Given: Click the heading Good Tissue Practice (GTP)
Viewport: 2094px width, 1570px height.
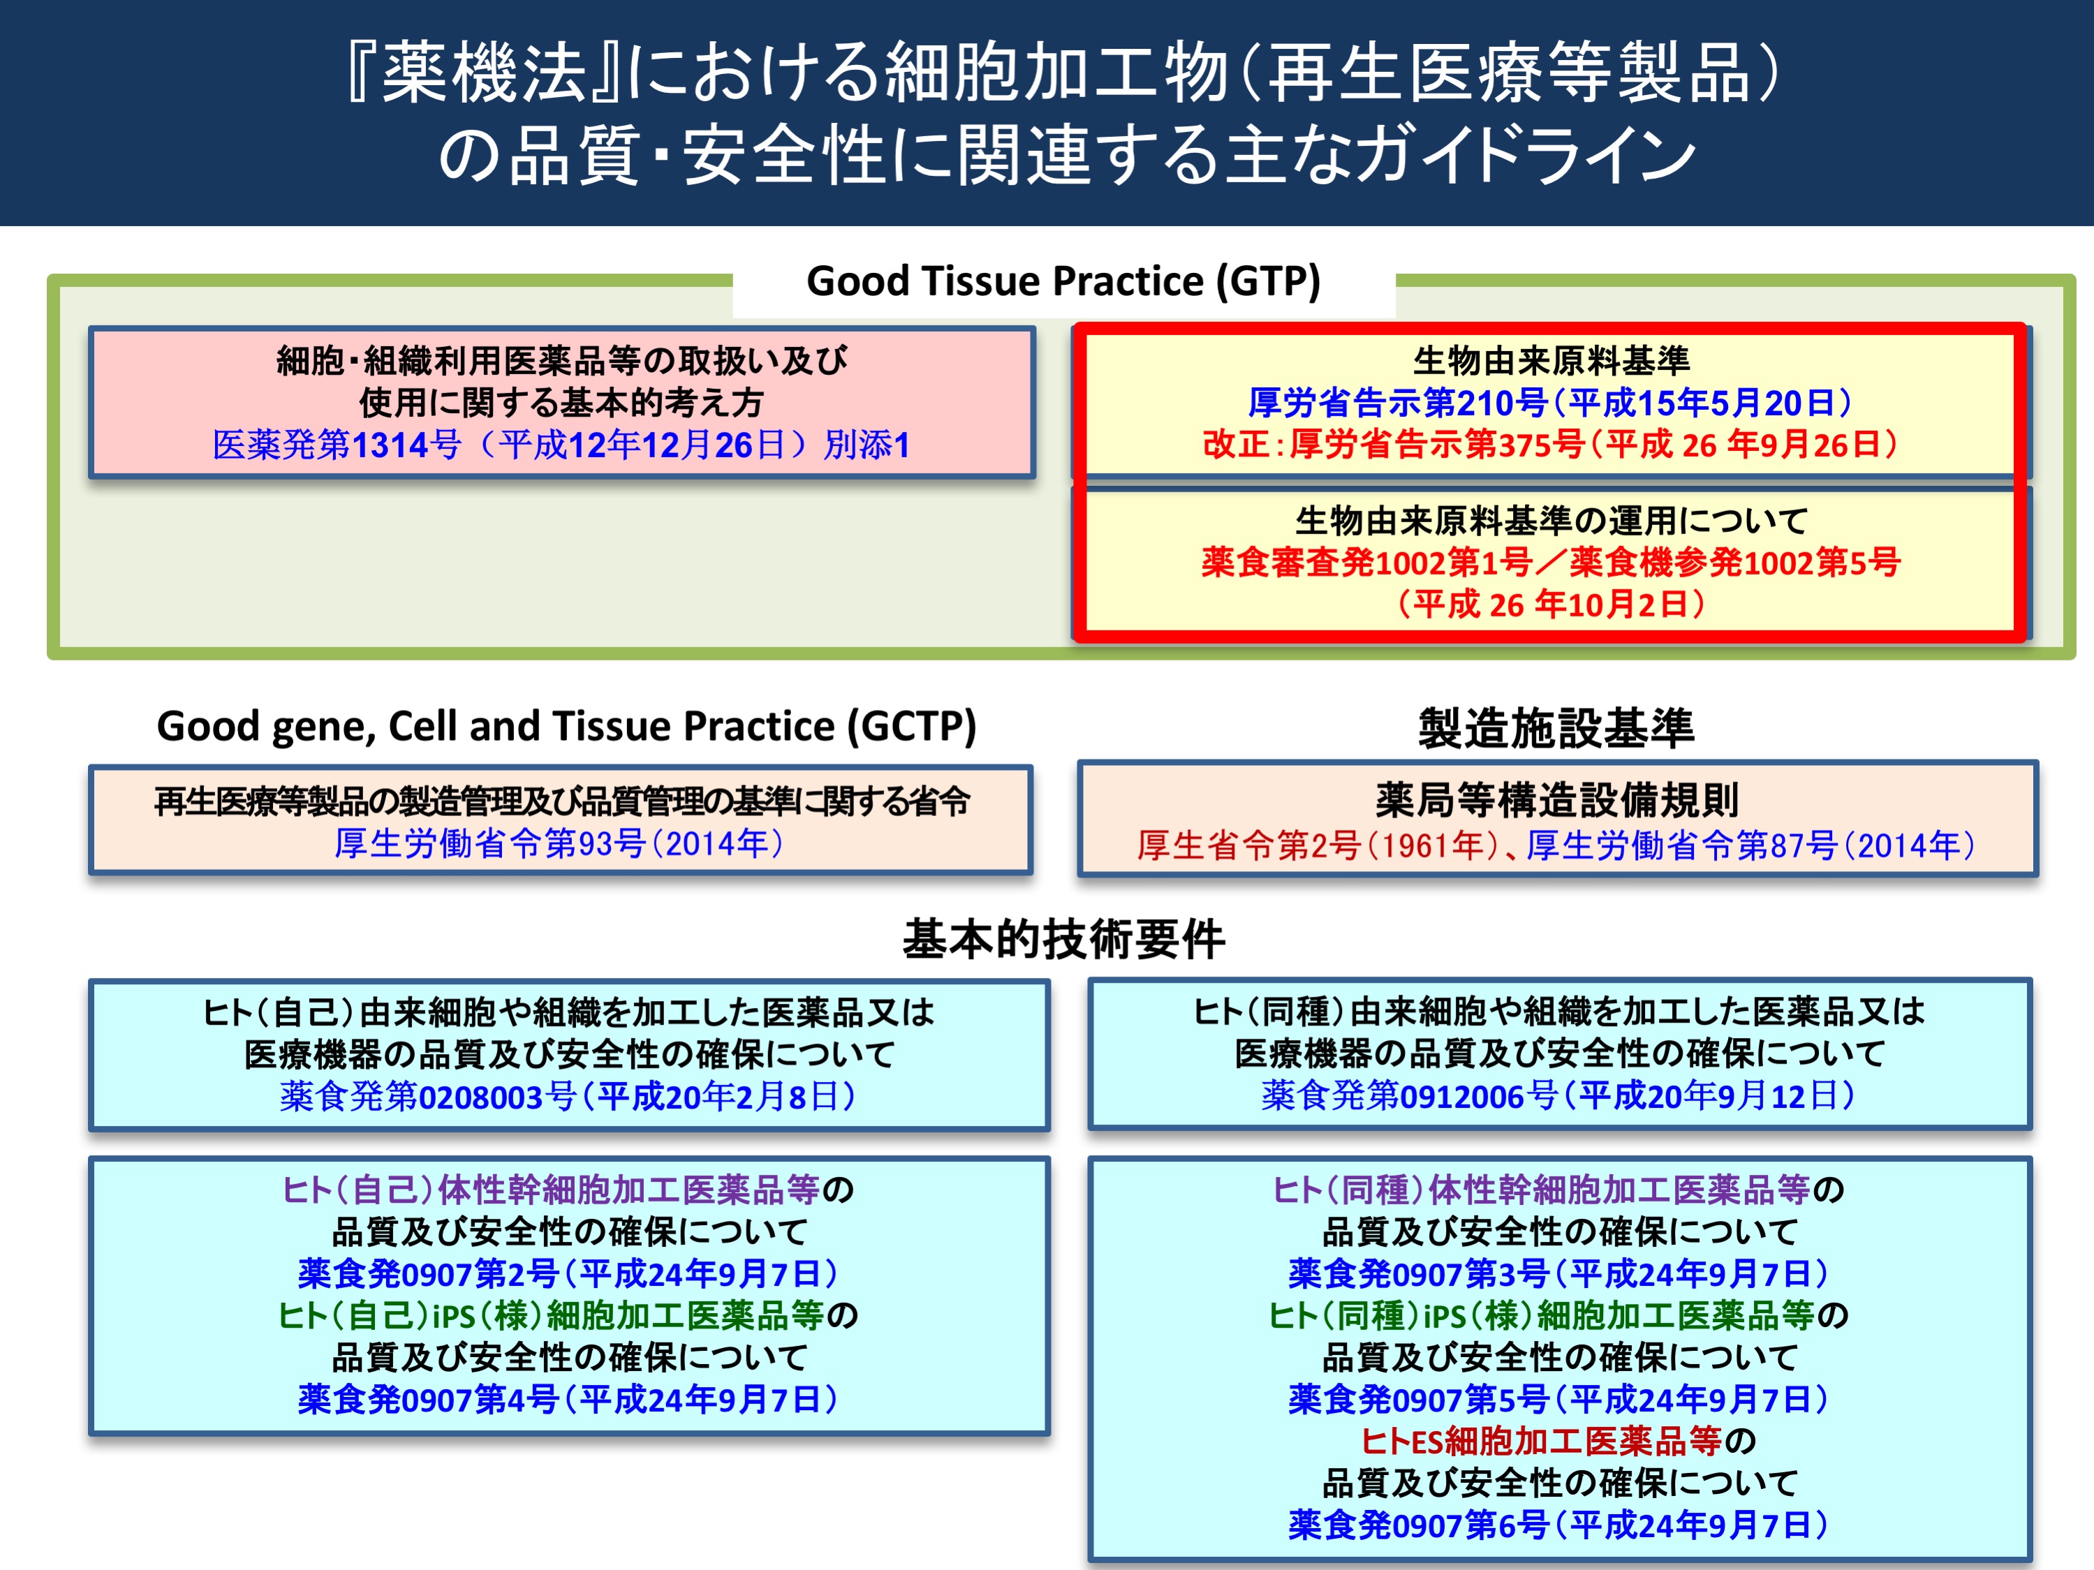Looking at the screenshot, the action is pyautogui.click(x=1063, y=281).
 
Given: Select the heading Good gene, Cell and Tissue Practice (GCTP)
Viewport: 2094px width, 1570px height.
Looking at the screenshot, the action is pyautogui.click(x=566, y=727).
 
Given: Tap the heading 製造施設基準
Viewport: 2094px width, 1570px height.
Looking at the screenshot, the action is pyautogui.click(x=1556, y=727).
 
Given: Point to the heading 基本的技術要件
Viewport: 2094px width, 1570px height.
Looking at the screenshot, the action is pyautogui.click(x=1063, y=939).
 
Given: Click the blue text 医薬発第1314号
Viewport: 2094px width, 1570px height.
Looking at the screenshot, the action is pyautogui.click(x=337, y=445).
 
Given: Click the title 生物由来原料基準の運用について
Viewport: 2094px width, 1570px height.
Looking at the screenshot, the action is pyautogui.click(x=1551, y=521).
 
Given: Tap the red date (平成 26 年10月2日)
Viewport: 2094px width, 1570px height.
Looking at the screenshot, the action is pyautogui.click(x=1551, y=604).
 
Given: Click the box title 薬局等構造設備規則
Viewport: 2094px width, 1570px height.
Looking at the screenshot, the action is pyautogui.click(x=1557, y=800).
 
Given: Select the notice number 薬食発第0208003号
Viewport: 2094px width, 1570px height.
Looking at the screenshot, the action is pyautogui.click(x=428, y=1097).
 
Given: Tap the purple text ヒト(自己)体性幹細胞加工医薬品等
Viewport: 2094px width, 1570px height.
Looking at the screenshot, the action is pyautogui.click(x=551, y=1190).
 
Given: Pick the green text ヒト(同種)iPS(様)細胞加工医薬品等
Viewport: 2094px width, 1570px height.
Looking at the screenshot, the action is pyautogui.click(x=1541, y=1315).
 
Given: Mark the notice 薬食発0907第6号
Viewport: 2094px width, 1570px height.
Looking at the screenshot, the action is pyautogui.click(x=1418, y=1525).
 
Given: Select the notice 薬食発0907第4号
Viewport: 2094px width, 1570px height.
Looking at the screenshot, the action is pyautogui.click(x=428, y=1399).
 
